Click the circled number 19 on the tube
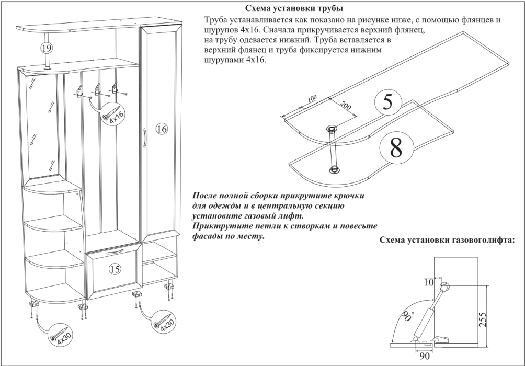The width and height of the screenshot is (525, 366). tap(46, 48)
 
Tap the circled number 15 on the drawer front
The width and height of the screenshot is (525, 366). tap(114, 269)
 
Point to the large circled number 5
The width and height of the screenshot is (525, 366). tap(387, 102)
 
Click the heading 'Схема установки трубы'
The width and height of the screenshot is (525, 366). tap(294, 9)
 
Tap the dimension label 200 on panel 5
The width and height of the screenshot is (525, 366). tap(345, 107)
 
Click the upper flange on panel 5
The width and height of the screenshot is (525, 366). tap(331, 128)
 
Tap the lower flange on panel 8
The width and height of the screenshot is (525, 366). tap(333, 169)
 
